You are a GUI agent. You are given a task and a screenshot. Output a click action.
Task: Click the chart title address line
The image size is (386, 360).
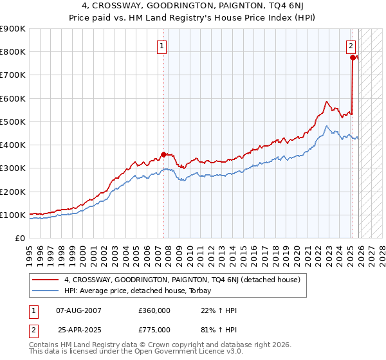(x=193, y=6)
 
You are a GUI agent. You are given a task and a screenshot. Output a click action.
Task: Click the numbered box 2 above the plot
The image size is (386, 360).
(x=351, y=46)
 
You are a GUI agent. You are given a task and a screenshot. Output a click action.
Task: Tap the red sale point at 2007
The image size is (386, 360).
(x=163, y=154)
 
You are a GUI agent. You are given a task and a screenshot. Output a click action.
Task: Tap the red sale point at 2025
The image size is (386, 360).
(x=353, y=57)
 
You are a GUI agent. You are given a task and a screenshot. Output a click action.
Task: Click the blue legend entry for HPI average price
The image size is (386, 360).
(x=142, y=291)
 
